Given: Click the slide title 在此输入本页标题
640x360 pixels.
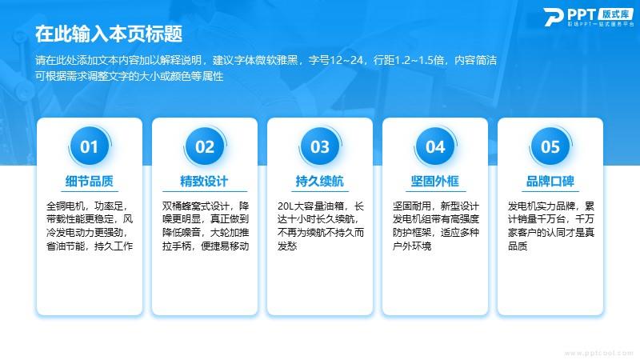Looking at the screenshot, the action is [x=109, y=34].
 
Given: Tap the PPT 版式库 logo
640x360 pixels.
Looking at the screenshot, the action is [x=589, y=17].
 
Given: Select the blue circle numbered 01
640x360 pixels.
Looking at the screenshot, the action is [x=90, y=146].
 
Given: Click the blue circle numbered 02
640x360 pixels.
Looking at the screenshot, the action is [x=205, y=146].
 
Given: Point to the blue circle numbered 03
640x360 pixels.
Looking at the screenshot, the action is [x=319, y=146].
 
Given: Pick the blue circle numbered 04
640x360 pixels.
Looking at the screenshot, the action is [x=435, y=146].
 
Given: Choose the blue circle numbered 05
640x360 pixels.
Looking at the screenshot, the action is [x=550, y=146].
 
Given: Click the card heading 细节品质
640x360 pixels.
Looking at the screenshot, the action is [x=90, y=181].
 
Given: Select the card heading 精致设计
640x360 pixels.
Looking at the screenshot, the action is [x=205, y=181].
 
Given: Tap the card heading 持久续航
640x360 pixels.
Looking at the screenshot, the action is [x=319, y=181].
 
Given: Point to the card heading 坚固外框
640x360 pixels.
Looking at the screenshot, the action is [x=435, y=181].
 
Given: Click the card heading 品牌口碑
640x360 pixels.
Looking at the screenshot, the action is [x=550, y=181].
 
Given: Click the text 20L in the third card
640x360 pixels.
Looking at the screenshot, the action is [x=286, y=206].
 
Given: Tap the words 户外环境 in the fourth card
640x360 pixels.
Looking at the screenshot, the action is [x=412, y=246].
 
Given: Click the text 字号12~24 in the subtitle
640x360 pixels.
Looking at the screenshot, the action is [x=336, y=61].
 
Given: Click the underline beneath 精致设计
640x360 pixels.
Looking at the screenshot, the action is [x=205, y=191].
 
